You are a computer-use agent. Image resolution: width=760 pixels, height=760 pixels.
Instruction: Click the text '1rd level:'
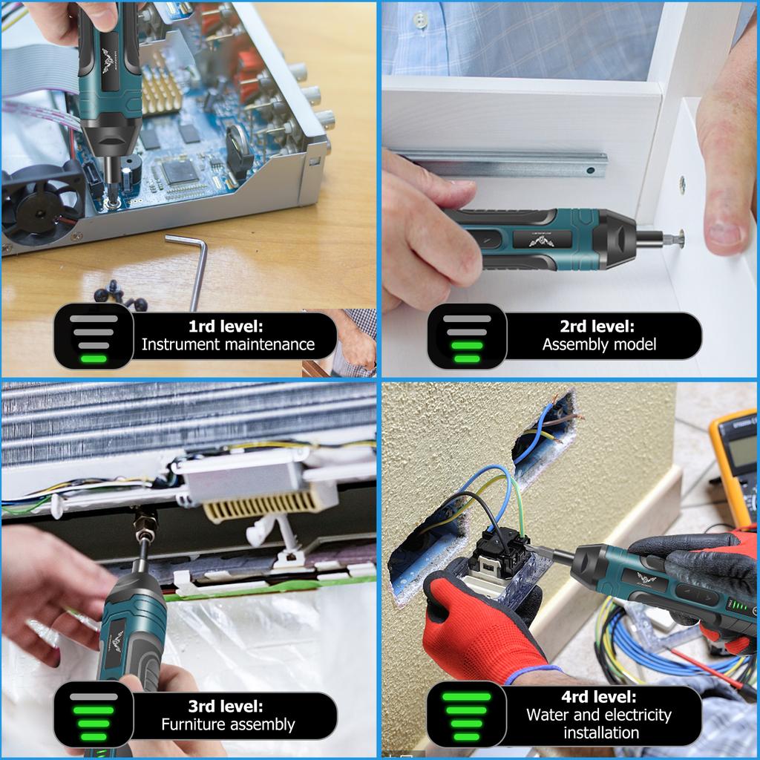[226, 326]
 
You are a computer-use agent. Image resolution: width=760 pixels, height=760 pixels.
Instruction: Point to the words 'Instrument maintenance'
[228, 344]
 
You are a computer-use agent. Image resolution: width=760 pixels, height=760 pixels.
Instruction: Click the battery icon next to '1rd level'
[94, 336]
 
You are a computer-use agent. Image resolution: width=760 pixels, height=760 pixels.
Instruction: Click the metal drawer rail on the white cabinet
[505, 161]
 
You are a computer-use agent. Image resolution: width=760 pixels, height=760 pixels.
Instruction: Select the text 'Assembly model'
[599, 344]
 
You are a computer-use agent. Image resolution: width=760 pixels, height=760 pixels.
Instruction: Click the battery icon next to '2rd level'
[467, 336]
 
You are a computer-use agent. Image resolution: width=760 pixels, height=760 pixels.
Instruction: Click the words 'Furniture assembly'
[228, 724]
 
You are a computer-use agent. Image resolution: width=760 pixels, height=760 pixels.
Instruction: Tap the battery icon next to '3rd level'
[94, 715]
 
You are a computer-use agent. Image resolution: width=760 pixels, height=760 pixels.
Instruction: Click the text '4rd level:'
[599, 697]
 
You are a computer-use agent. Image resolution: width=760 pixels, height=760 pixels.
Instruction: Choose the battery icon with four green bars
[467, 715]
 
